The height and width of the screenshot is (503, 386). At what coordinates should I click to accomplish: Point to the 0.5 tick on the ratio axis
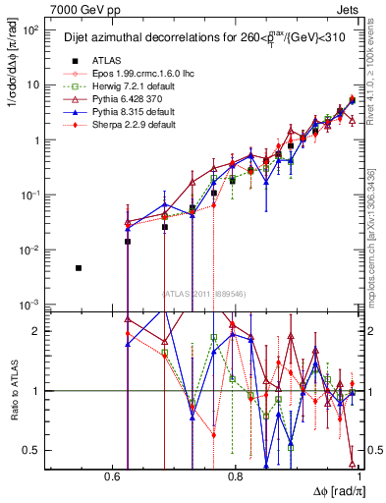[x=34, y=451]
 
